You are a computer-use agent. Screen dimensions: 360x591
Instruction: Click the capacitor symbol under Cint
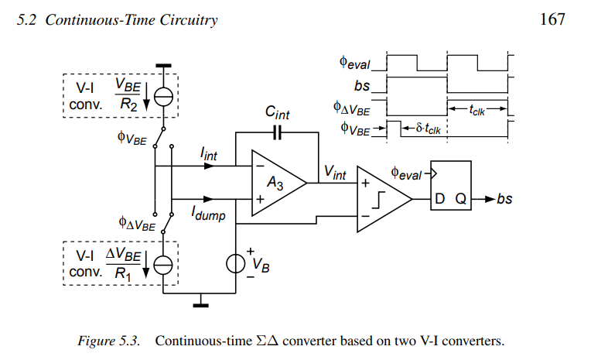tap(278, 132)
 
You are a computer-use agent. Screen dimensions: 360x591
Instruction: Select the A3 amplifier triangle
tap(275, 183)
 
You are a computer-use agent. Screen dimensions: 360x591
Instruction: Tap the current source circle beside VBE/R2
tap(163, 95)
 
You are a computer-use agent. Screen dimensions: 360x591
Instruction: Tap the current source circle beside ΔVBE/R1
tap(163, 264)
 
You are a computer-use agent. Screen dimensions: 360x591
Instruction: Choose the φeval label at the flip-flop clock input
tap(407, 173)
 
